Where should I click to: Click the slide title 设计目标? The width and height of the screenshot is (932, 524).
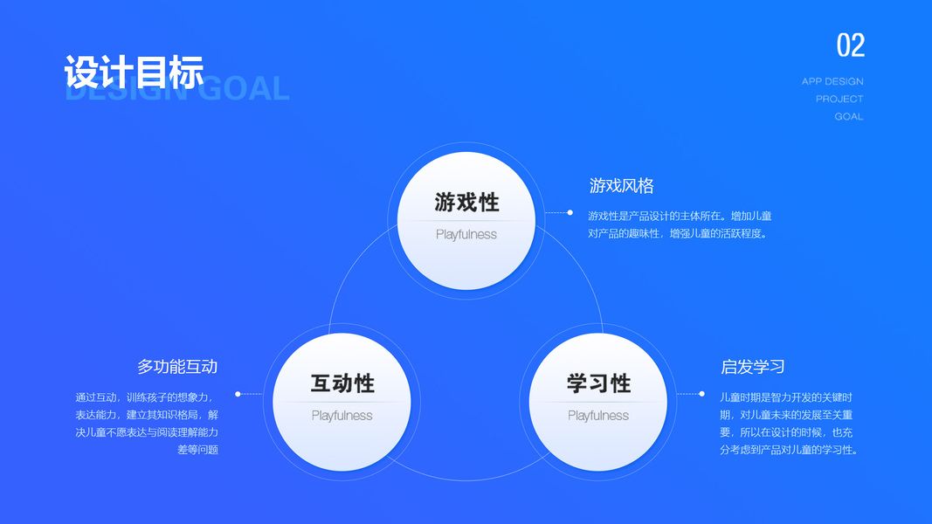point(134,72)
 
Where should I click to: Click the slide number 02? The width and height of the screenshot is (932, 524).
point(850,45)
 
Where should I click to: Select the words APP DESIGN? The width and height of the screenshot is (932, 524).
point(832,81)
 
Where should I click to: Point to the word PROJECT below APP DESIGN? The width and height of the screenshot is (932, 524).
point(839,99)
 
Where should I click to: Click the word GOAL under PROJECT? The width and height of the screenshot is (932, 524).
point(848,116)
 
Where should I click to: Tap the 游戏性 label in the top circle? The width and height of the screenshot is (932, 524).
point(466,203)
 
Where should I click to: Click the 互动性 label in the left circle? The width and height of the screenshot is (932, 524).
point(342,383)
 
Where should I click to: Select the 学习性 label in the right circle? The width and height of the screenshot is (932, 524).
point(598,383)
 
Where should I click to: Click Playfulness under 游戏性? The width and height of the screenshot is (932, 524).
point(466,234)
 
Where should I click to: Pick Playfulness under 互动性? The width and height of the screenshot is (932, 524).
point(342,416)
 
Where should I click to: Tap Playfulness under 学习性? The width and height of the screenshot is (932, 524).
point(598,416)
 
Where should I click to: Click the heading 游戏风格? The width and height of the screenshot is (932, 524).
point(621,186)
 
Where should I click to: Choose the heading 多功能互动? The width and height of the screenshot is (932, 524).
point(177,367)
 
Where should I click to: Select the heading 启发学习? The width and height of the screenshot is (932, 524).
point(752,367)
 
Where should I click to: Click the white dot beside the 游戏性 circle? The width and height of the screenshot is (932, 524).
point(570,212)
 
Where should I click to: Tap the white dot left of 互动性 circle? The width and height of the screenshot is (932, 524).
point(238,394)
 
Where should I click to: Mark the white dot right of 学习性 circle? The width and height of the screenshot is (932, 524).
point(702,394)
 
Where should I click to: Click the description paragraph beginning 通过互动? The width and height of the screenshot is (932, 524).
point(147,424)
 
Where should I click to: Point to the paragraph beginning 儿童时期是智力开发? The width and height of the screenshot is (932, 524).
point(790,424)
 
